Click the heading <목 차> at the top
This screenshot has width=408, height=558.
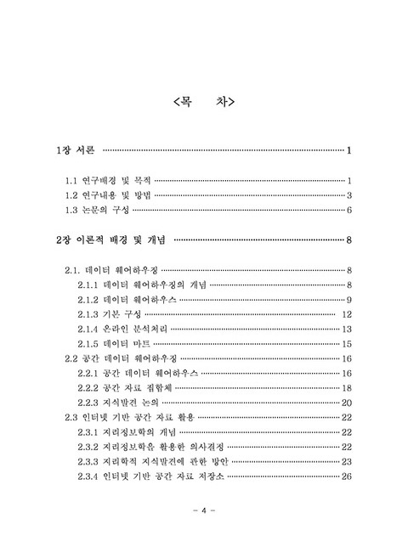click(204, 104)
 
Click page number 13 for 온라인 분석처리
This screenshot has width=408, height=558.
click(346, 329)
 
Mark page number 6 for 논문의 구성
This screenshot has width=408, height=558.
click(349, 211)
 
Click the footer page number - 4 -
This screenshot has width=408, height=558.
click(204, 510)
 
